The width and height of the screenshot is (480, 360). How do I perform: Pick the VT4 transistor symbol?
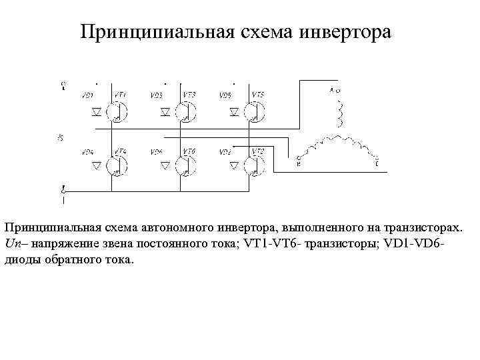click(x=119, y=164)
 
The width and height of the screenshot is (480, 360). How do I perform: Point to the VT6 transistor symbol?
click(x=187, y=164)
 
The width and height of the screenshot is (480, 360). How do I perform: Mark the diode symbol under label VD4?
click(x=96, y=164)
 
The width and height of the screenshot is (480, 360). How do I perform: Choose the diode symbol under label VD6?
click(x=165, y=164)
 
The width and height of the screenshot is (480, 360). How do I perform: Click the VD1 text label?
click(x=87, y=96)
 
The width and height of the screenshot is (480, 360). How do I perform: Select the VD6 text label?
click(x=157, y=152)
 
